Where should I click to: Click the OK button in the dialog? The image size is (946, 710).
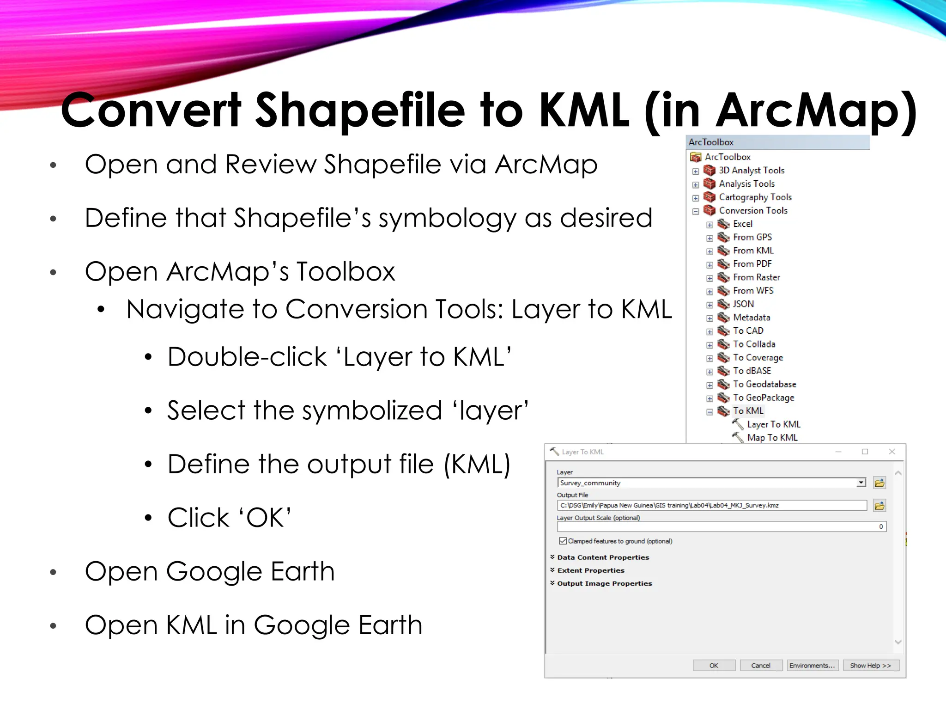(x=714, y=665)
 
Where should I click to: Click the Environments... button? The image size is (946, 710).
(x=812, y=665)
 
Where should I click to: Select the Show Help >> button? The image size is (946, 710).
(x=870, y=665)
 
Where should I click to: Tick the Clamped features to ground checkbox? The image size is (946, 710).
(x=563, y=541)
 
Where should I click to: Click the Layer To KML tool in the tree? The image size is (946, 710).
(x=774, y=424)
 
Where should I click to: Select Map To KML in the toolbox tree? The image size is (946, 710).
(x=772, y=438)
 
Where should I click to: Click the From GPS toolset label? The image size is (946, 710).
(x=752, y=237)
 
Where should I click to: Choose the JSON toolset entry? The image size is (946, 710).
(x=743, y=304)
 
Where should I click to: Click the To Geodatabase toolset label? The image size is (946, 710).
(x=764, y=384)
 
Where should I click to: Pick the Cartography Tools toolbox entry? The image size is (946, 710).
(x=755, y=197)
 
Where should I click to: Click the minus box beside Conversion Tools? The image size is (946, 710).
(x=696, y=211)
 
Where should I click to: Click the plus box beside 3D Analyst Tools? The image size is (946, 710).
(x=696, y=171)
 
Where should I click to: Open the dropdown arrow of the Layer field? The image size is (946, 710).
(x=861, y=483)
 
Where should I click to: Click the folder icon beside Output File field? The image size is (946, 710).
(x=879, y=506)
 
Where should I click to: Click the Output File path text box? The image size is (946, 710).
(x=711, y=506)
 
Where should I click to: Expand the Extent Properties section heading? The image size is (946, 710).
(x=590, y=570)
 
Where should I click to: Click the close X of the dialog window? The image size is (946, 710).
(x=892, y=452)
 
